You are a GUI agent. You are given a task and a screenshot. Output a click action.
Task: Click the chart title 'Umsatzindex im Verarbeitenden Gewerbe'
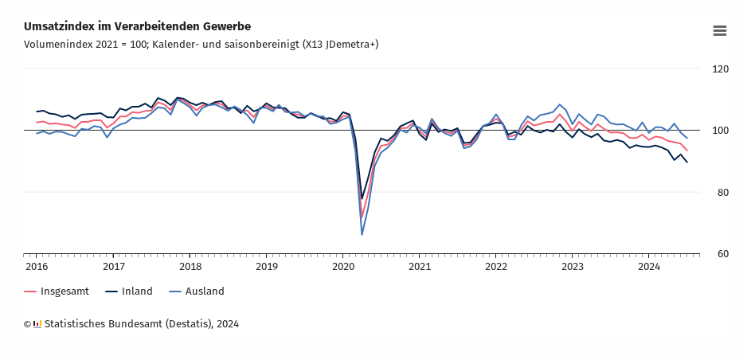pos(137,27)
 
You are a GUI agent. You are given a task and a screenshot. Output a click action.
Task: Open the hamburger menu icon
pos(719,30)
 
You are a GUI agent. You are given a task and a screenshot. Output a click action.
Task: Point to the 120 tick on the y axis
pos(720,69)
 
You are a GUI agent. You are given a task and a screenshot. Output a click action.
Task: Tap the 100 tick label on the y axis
pos(720,131)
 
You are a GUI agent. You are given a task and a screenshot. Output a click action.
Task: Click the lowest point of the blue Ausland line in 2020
pos(362,234)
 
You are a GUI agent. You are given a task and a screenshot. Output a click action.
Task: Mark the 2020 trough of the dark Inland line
pos(362,199)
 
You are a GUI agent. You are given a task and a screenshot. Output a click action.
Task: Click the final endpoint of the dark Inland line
pos(687,162)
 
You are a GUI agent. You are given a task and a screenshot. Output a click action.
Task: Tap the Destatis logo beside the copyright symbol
pos(37,324)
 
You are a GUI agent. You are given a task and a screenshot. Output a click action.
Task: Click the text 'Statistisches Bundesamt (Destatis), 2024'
pos(142,324)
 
